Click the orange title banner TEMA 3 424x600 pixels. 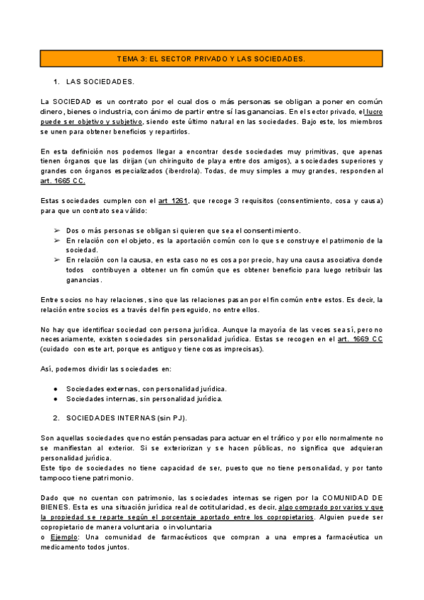211,59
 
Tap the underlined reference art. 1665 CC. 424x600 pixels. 63,181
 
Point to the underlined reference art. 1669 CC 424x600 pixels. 360,339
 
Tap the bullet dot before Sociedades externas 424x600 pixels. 56,388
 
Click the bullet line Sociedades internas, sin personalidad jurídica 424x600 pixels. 144,398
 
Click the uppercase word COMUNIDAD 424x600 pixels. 349,497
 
